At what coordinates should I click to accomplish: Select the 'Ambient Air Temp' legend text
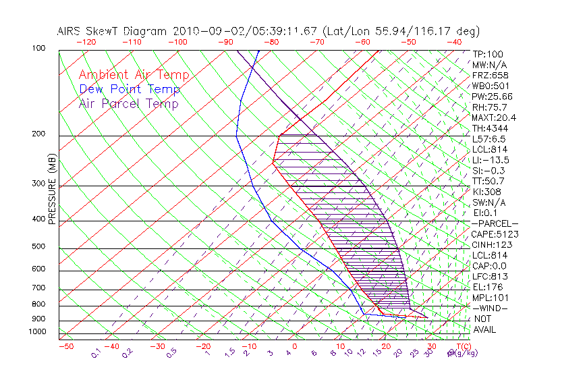pos(134,75)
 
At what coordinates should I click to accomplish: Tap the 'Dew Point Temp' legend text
pos(130,89)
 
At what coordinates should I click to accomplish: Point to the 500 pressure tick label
pos(39,247)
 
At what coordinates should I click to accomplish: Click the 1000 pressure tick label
pos(38,331)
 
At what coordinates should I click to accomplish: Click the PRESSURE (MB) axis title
pos(52,190)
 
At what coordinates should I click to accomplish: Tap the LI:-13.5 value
pos(491,160)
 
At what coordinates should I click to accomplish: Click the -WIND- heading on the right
pos(491,308)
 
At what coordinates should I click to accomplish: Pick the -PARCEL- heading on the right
pos(495,223)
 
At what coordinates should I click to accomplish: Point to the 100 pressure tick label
pos(39,49)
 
